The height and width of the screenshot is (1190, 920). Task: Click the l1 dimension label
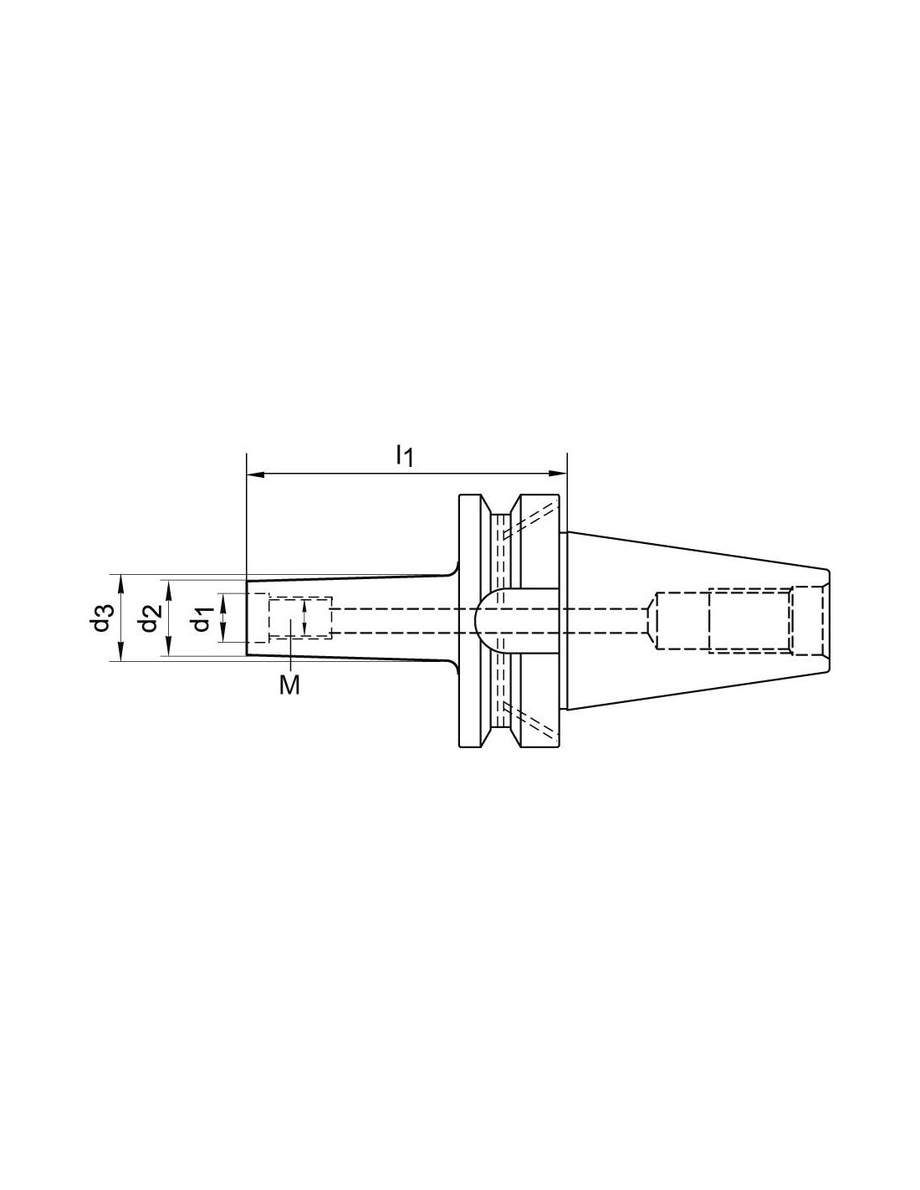(x=405, y=455)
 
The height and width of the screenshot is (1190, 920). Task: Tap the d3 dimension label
(x=102, y=618)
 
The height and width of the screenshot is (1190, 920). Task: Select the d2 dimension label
(x=150, y=618)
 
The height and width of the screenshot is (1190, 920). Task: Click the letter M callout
(x=289, y=685)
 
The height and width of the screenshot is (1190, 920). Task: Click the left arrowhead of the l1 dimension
(x=256, y=474)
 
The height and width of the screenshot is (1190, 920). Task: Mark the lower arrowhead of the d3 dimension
(x=121, y=652)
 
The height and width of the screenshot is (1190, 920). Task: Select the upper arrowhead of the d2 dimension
(x=169, y=588)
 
